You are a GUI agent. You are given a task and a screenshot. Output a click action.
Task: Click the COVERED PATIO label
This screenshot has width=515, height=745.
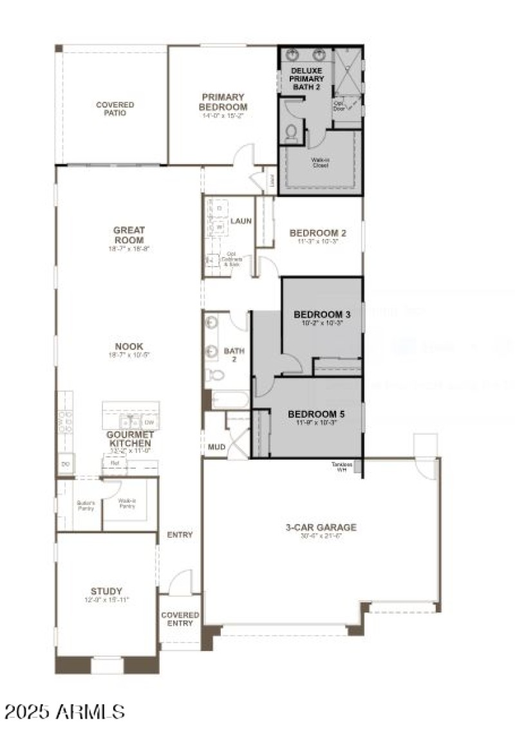(x=115, y=109)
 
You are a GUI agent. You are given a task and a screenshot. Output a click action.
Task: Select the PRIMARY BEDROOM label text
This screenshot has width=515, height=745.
(x=223, y=102)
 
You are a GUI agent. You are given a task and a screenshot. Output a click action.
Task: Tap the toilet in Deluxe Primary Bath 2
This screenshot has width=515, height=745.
(x=291, y=133)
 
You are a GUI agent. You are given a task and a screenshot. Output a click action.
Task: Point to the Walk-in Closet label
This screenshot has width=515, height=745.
(x=320, y=162)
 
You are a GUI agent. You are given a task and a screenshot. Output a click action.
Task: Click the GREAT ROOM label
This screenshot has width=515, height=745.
(x=129, y=234)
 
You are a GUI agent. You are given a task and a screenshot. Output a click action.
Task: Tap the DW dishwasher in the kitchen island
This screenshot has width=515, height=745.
(x=149, y=422)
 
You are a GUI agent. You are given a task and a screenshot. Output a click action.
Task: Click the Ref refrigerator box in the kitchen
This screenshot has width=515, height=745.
(x=115, y=462)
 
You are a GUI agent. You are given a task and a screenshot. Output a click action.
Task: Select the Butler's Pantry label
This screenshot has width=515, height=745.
(x=86, y=505)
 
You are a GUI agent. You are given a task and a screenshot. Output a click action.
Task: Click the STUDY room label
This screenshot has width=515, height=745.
(x=106, y=591)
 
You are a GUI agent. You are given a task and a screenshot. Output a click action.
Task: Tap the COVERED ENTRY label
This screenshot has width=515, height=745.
(x=180, y=619)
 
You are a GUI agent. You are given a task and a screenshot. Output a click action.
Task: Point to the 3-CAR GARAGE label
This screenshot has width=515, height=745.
(x=321, y=527)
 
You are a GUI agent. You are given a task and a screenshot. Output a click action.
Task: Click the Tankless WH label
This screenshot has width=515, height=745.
(x=342, y=466)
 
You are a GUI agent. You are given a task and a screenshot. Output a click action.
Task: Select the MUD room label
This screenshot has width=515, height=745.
(x=214, y=446)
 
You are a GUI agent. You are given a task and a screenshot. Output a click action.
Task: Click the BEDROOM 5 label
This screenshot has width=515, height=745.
(x=316, y=413)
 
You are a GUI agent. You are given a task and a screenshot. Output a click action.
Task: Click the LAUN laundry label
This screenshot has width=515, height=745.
(x=241, y=221)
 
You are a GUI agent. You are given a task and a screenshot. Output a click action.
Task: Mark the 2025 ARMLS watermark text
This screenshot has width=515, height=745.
(x=64, y=712)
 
